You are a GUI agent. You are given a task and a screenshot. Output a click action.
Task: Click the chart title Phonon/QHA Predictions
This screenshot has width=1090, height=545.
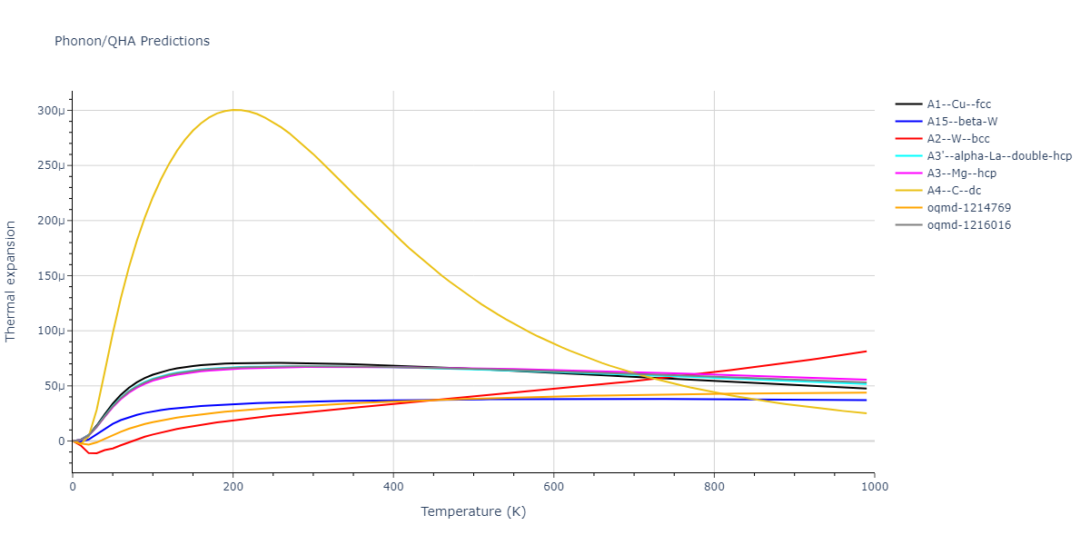point(132,41)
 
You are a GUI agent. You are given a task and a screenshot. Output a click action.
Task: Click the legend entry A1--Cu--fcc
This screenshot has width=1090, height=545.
point(958,104)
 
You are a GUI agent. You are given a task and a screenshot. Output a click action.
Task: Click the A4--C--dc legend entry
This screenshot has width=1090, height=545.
point(955,191)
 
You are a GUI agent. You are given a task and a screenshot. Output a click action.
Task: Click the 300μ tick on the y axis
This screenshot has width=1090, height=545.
point(50,111)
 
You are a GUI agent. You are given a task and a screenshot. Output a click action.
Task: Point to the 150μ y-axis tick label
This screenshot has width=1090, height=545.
point(50,276)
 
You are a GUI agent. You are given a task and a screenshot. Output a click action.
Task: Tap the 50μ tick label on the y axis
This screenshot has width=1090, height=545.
point(53,386)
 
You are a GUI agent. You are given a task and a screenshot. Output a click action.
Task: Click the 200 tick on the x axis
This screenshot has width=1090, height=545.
point(233,487)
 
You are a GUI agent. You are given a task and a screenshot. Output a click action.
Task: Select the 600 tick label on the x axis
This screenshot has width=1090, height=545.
point(554,487)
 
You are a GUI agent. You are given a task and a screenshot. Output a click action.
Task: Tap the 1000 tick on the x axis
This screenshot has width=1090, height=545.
point(875,487)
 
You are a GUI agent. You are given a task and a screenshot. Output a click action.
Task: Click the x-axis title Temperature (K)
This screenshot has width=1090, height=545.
point(473,511)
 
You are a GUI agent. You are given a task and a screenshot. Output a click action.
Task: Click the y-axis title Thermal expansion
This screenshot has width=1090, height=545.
point(11,282)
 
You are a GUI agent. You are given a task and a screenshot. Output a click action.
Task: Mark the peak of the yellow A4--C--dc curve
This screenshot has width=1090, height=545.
point(234,110)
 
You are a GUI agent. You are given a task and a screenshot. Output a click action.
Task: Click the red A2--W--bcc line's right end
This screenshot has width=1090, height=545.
point(866,352)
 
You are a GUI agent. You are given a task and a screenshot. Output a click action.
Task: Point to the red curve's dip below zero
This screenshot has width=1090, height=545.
point(93,453)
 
